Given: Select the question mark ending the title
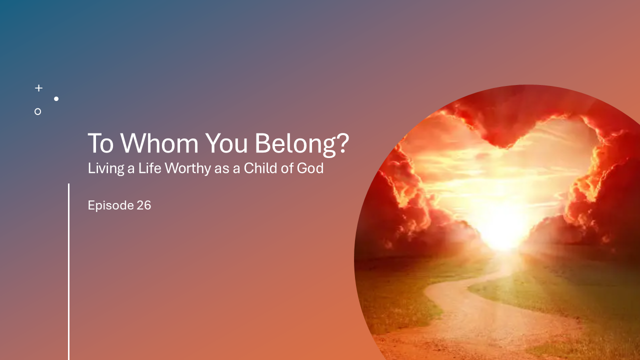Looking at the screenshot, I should pyautogui.click(x=342, y=143).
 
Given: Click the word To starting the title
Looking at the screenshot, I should pyautogui.click(x=101, y=143).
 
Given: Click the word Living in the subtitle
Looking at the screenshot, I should pyautogui.click(x=105, y=168).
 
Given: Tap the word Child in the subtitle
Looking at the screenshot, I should pyautogui.click(x=261, y=168).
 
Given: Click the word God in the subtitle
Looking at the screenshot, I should pyautogui.click(x=310, y=168).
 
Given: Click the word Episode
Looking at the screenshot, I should pyautogui.click(x=110, y=205).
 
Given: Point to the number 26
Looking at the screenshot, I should pyautogui.click(x=143, y=205).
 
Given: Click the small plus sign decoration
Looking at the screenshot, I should pyautogui.click(x=38, y=88).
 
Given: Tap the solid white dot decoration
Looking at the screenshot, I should pyautogui.click(x=56, y=99).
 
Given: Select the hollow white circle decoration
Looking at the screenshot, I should pyautogui.click(x=37, y=111).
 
